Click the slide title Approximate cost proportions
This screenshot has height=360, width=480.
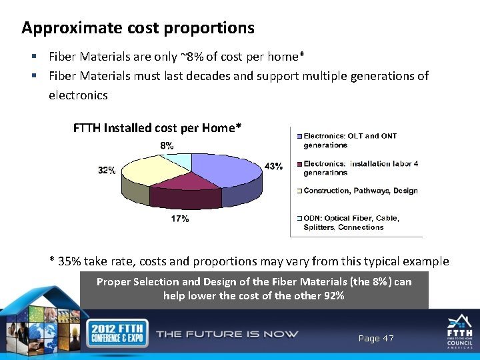pos(138,28)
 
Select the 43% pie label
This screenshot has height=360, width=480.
pos(273,167)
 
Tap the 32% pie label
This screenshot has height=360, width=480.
pos(107,171)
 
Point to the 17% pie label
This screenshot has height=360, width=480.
pos(180,219)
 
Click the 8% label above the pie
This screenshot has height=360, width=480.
pos(167,145)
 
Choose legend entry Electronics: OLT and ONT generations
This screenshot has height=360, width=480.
pos(350,140)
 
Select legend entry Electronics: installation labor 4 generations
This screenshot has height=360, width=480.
pos(360,168)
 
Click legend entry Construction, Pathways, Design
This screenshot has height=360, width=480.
pos(360,191)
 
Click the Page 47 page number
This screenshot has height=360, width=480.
pos(376,339)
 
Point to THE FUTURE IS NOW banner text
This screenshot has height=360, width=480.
pos(227,334)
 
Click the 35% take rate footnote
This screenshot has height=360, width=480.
pos(249,261)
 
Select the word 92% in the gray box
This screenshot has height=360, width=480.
pos(333,295)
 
